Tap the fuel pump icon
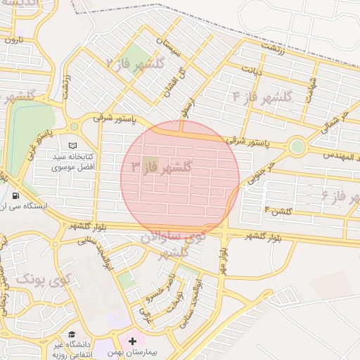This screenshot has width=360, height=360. click(x=15, y=195)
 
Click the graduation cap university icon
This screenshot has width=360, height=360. click(x=72, y=335)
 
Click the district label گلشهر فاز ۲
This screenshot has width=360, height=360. click(x=135, y=63)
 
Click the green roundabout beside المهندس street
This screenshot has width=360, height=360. click(x=297, y=147)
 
